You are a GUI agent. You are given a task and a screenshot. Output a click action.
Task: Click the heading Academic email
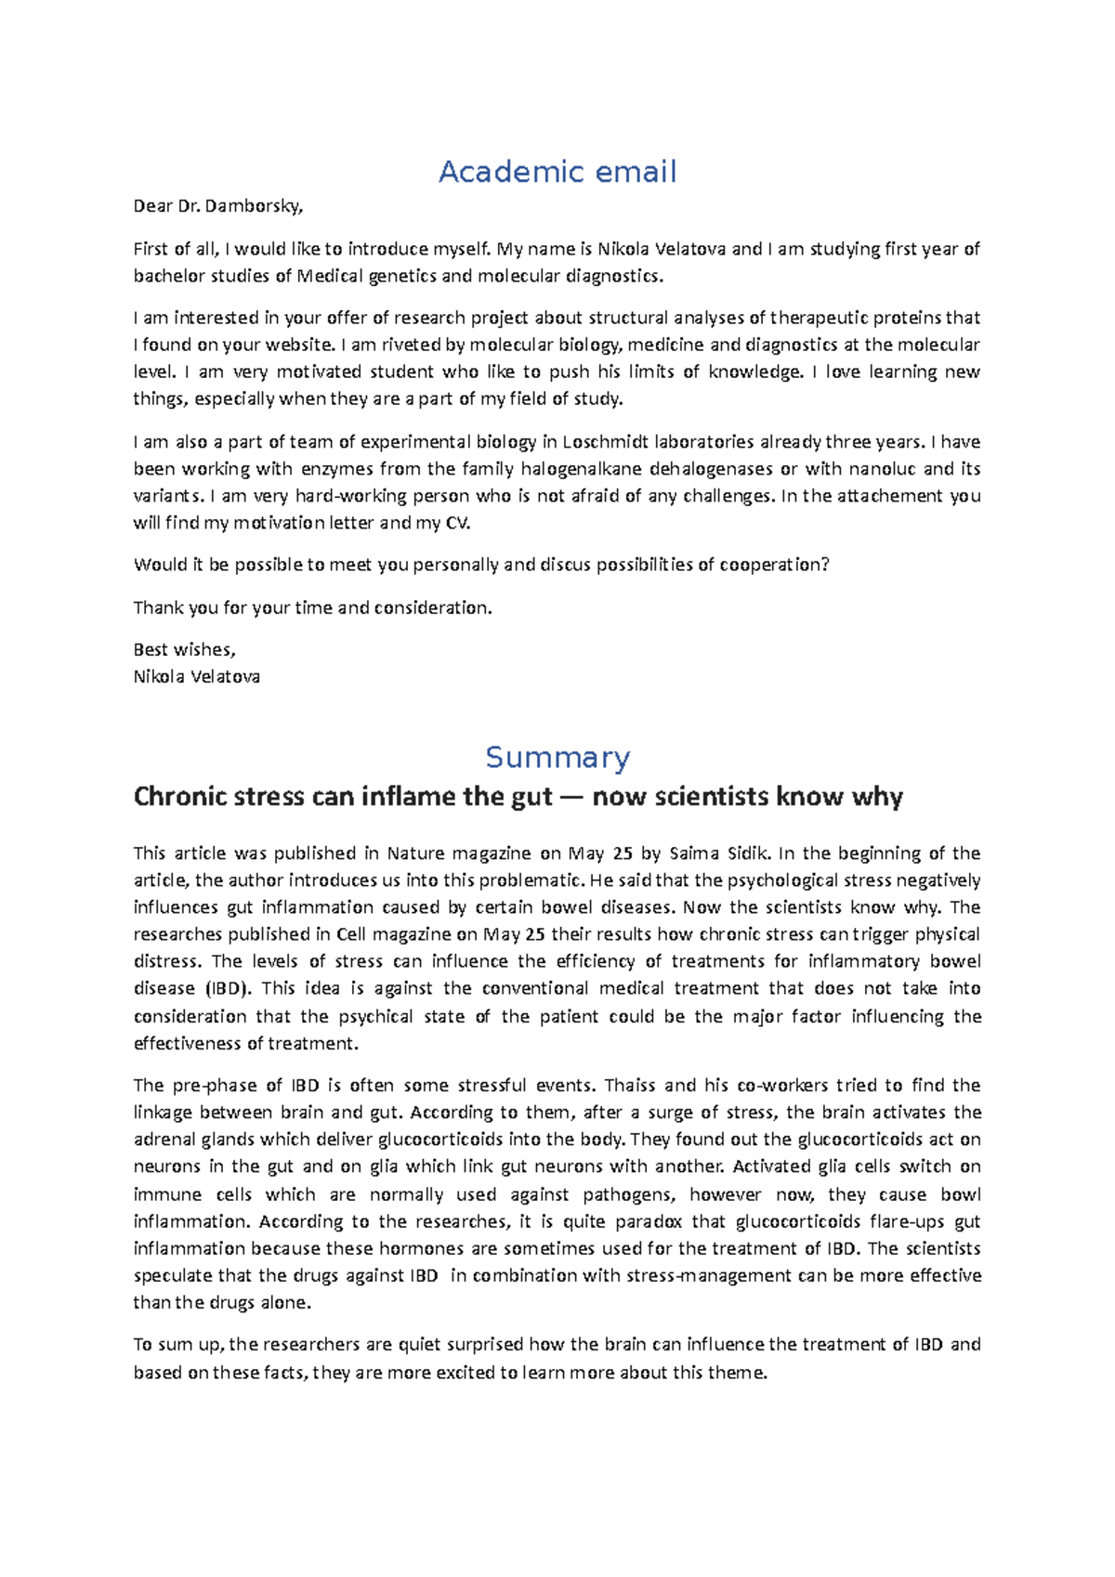coord(557,172)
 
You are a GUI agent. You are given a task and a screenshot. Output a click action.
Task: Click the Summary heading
coord(557,757)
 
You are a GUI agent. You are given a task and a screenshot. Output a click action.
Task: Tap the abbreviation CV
coord(456,523)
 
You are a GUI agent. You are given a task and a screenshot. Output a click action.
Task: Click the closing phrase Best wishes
coord(184,650)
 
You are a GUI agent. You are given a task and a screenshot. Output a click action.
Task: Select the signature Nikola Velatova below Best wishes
coord(196,677)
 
